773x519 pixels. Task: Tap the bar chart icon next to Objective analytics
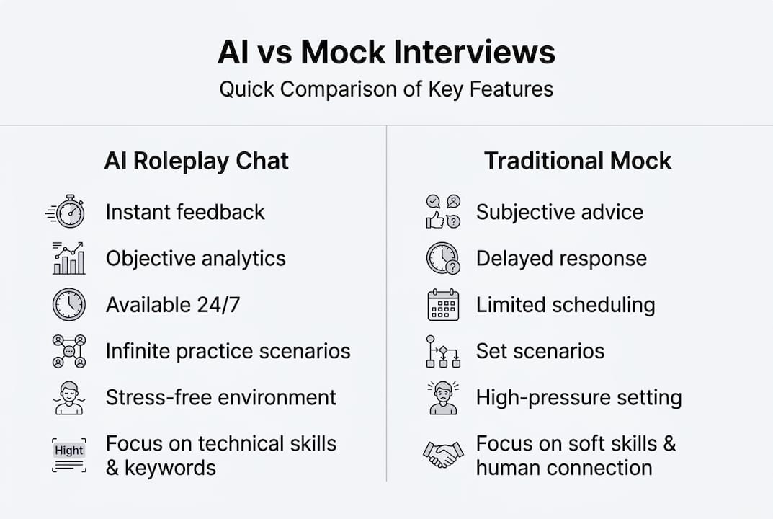[x=68, y=258]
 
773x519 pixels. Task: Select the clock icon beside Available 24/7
[x=68, y=305]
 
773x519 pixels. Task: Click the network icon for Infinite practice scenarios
[x=68, y=351]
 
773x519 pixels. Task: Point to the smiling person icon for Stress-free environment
[x=68, y=398]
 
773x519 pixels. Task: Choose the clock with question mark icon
[x=442, y=258]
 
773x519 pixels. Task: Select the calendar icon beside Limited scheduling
[x=442, y=305]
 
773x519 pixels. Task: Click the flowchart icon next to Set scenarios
[x=442, y=351]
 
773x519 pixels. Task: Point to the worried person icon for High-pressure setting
[x=442, y=398]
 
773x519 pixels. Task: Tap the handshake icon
[x=442, y=454]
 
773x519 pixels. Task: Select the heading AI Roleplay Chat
[x=196, y=161]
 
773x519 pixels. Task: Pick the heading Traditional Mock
[x=578, y=161]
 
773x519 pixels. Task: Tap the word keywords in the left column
[x=170, y=467]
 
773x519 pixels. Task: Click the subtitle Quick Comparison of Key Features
[x=386, y=89]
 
